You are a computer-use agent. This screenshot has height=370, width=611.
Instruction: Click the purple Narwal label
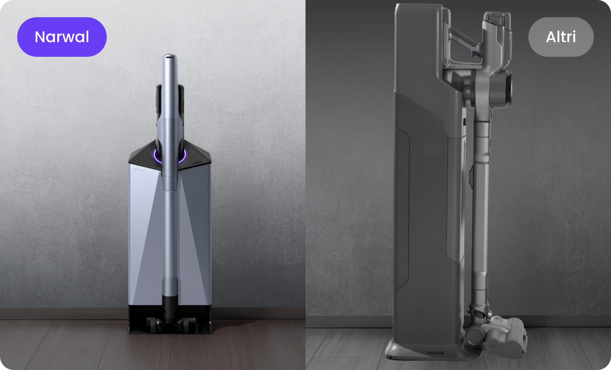(62, 37)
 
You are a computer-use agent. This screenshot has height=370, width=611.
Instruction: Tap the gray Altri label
(561, 37)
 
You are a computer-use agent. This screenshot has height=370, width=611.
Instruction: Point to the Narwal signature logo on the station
(140, 170)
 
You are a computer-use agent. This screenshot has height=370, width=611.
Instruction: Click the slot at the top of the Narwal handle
(170, 57)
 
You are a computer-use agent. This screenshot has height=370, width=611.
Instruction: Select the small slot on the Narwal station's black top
(196, 163)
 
